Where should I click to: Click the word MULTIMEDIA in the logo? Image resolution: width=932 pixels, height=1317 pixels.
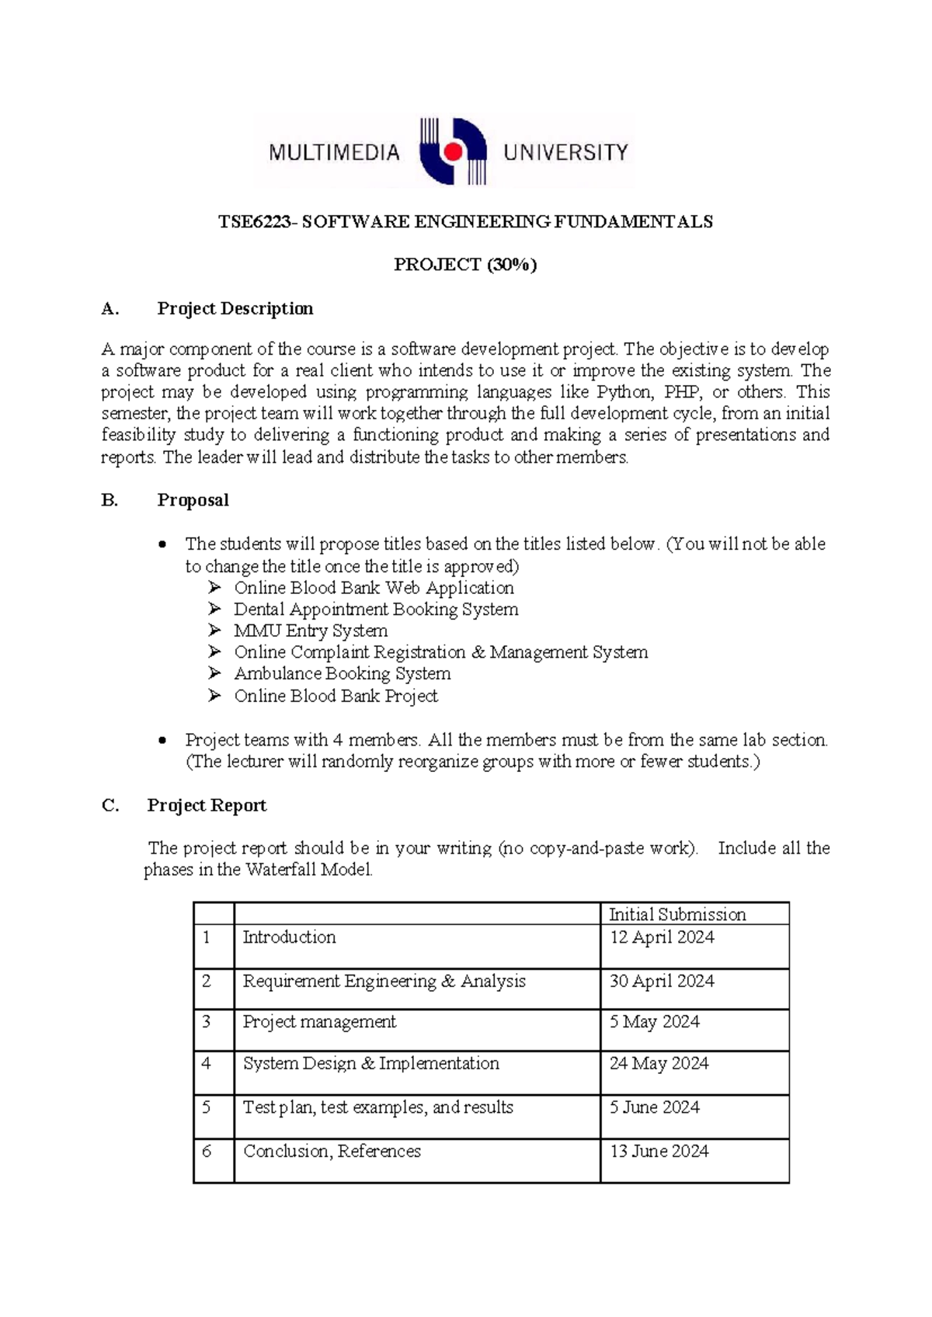pyautogui.click(x=334, y=152)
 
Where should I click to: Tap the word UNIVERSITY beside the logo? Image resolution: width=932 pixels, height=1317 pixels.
pyautogui.click(x=565, y=152)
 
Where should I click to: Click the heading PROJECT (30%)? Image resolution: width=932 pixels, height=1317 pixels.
pyautogui.click(x=465, y=265)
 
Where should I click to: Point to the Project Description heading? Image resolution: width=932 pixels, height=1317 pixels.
pyautogui.click(x=235, y=308)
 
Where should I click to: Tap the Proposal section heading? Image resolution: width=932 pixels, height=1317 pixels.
pyautogui.click(x=193, y=500)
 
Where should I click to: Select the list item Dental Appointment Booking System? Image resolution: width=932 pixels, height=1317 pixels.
pyautogui.click(x=376, y=610)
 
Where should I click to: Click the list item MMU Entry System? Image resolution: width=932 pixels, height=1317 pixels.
pyautogui.click(x=311, y=631)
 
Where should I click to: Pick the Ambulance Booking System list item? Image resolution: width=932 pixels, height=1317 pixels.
pyautogui.click(x=343, y=674)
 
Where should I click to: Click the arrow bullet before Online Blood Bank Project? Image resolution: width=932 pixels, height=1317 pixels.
pyautogui.click(x=215, y=696)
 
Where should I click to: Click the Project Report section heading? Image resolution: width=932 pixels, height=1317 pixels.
pyautogui.click(x=207, y=805)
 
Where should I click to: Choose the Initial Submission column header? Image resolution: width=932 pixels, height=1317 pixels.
pyautogui.click(x=676, y=914)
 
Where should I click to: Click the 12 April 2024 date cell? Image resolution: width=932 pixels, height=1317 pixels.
pyautogui.click(x=662, y=937)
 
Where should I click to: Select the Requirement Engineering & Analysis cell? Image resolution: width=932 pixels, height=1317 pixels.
pyautogui.click(x=384, y=982)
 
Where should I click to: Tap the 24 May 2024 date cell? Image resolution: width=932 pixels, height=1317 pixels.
pyautogui.click(x=659, y=1063)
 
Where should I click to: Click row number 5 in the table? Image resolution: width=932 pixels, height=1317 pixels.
pyautogui.click(x=207, y=1107)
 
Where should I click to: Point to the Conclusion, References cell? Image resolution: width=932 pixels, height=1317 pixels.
pyautogui.click(x=332, y=1151)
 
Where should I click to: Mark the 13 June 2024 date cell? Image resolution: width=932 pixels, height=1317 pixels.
pyautogui.click(x=659, y=1151)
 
